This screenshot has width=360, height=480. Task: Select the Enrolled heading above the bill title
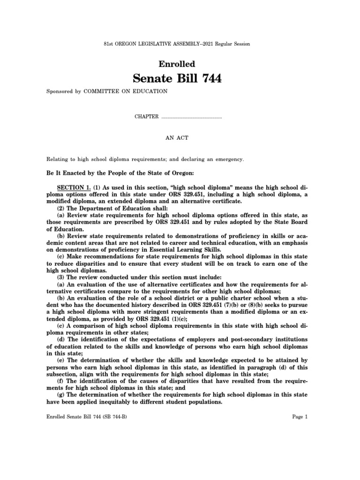click(180, 64)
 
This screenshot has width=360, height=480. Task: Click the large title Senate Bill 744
click(180, 79)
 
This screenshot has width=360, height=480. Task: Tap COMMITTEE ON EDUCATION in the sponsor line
click(125, 91)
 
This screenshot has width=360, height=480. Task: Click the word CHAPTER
click(147, 117)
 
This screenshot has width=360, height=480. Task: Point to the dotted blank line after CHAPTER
click(191, 117)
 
